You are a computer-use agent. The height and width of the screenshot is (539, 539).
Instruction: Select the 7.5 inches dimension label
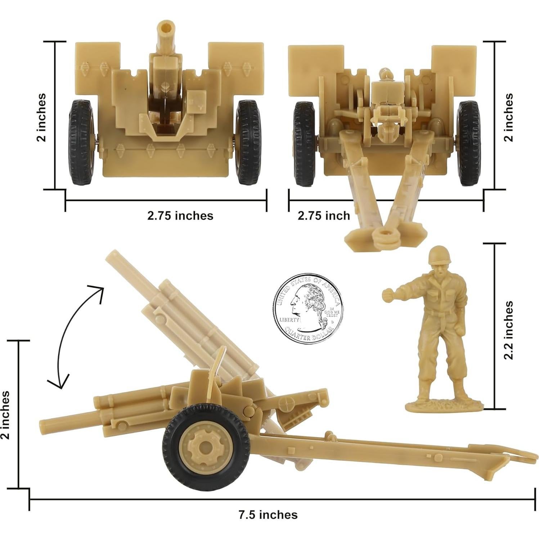tap(268, 515)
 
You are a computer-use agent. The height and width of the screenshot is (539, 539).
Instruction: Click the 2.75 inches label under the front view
tap(180, 215)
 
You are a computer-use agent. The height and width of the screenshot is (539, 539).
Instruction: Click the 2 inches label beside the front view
tap(42, 117)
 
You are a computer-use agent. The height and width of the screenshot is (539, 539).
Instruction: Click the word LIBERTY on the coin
tap(289, 320)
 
